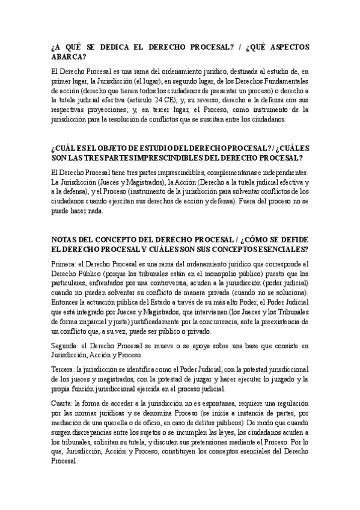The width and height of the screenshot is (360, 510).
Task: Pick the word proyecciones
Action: tap(119, 110)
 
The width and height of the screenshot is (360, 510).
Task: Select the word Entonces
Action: tap(67, 302)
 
